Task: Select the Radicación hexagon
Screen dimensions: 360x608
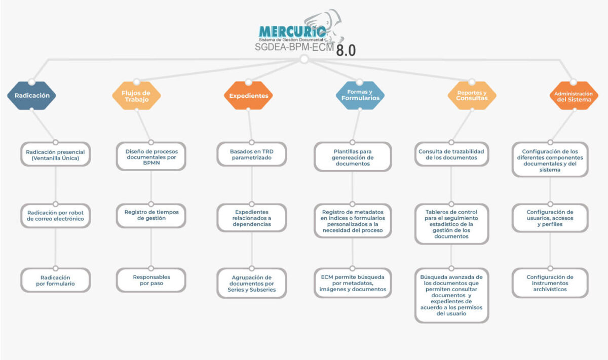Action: click(x=32, y=95)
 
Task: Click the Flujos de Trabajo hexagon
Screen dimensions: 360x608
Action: click(x=136, y=96)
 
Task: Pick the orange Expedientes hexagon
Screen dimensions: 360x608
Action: click(x=248, y=95)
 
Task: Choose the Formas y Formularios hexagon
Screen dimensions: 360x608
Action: click(x=360, y=95)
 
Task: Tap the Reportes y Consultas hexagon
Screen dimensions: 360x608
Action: click(x=472, y=95)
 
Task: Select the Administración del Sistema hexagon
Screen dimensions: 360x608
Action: click(x=573, y=96)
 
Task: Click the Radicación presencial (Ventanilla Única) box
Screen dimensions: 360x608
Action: click(x=55, y=154)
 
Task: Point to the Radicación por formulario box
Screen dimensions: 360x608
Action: click(x=55, y=281)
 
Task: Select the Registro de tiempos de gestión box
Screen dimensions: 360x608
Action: click(x=151, y=215)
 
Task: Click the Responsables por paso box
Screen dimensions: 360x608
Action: click(x=151, y=280)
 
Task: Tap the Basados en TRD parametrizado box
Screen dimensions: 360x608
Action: click(x=251, y=154)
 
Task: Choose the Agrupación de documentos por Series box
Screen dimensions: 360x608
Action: click(x=251, y=283)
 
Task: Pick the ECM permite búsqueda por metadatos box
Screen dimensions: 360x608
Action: click(x=353, y=283)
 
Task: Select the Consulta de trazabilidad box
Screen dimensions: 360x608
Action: click(x=451, y=154)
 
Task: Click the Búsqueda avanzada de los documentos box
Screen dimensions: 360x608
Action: click(x=451, y=295)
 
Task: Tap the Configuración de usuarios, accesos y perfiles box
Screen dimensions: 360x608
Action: click(x=550, y=218)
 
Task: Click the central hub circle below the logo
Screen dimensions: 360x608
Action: click(x=304, y=60)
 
